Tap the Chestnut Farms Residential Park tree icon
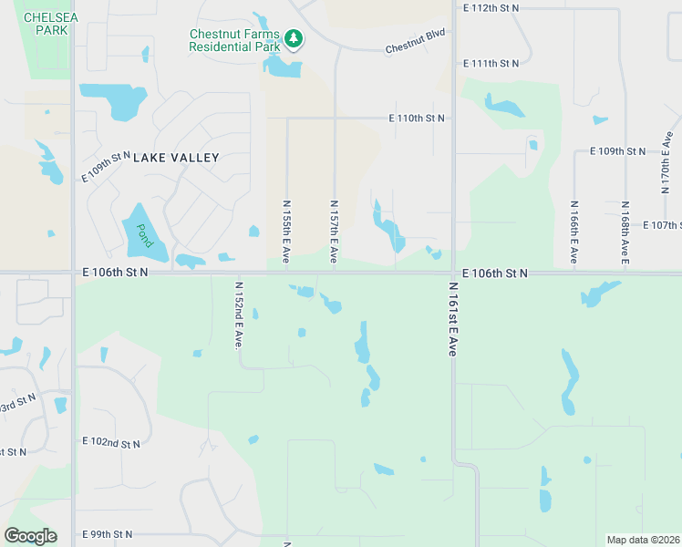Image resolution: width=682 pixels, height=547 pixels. [x=293, y=38]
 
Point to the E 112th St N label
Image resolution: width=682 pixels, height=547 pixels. [x=491, y=8]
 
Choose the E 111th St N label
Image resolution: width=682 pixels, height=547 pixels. [x=491, y=64]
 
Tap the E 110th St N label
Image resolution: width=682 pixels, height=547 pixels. [x=417, y=119]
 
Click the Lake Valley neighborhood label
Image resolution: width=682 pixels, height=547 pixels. [x=177, y=158]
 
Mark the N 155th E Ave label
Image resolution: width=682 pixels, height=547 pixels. [x=286, y=232]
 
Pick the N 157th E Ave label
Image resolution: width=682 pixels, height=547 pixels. [x=335, y=232]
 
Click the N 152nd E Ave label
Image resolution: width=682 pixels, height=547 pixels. [x=238, y=314]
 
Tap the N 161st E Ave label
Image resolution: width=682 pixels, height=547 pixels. [x=451, y=318]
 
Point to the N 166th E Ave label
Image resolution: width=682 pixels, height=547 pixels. [x=574, y=232]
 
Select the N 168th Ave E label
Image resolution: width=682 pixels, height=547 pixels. [x=625, y=232]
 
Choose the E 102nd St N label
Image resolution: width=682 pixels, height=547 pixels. [x=111, y=444]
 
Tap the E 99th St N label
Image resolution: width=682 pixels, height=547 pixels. [x=107, y=534]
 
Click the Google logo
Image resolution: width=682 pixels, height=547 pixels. [x=30, y=535]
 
